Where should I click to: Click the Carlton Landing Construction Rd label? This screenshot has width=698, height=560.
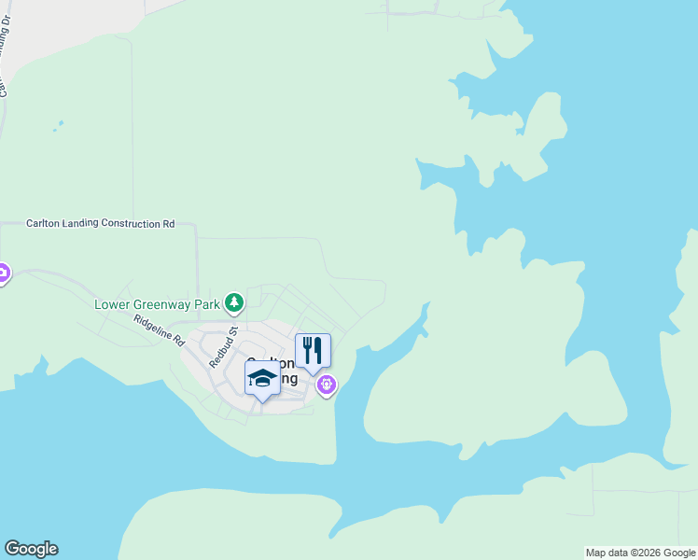(100, 224)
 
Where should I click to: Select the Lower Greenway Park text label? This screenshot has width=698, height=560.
(157, 303)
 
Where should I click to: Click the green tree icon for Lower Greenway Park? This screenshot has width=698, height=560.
(234, 301)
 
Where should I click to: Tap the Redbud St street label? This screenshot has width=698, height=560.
(225, 346)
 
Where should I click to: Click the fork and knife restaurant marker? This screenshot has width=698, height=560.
(313, 351)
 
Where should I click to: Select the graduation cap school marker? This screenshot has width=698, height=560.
(262, 378)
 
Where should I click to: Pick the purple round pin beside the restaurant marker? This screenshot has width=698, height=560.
(326, 383)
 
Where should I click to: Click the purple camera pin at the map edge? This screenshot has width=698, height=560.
(3, 273)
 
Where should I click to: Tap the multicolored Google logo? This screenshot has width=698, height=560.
(31, 549)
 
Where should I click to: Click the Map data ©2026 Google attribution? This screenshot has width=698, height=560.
(640, 553)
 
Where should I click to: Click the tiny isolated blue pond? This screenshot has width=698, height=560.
(60, 124)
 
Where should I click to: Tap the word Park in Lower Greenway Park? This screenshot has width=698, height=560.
(207, 303)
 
